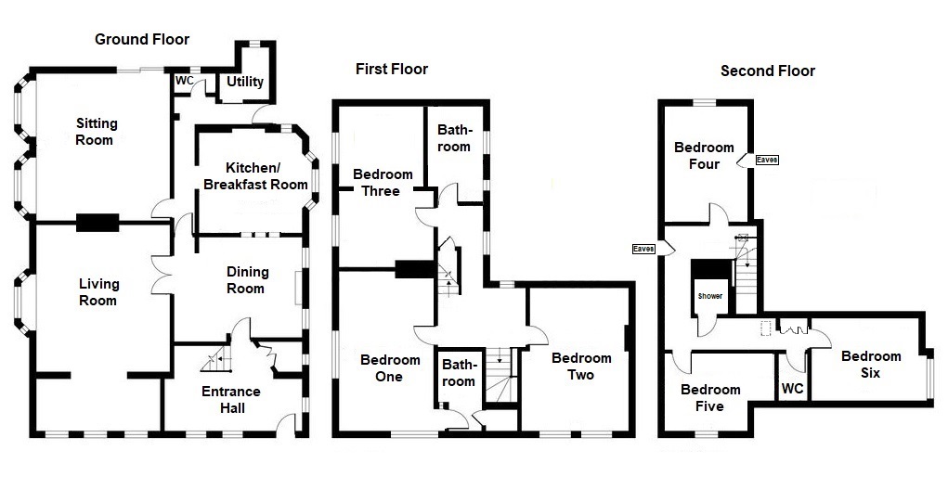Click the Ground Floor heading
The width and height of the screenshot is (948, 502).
coord(142,39)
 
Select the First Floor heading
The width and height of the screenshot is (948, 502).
coord(392,70)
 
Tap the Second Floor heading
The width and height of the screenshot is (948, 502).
coord(768,71)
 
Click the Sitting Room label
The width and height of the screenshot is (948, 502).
coord(96,132)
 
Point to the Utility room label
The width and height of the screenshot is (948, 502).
coord(245,82)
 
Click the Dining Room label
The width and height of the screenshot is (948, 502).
coord(247,279)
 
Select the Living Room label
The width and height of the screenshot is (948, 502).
coord(97,291)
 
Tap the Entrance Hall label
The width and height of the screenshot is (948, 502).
coord(230,399)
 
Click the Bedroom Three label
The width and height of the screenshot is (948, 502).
coord(383,183)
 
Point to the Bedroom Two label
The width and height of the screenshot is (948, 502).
coord(580,367)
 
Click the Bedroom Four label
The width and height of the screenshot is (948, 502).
coord(704,156)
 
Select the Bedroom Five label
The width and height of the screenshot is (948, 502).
coord(710,398)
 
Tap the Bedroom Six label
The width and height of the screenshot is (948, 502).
coord(871,365)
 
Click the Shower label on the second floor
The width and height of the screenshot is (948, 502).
coord(710,296)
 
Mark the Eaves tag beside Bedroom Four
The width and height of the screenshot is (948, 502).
coord(767,161)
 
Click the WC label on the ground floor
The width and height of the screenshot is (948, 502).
coord(184,81)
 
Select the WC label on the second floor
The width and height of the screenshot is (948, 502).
coord(792,389)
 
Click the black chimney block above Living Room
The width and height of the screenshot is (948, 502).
coord(97,222)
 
